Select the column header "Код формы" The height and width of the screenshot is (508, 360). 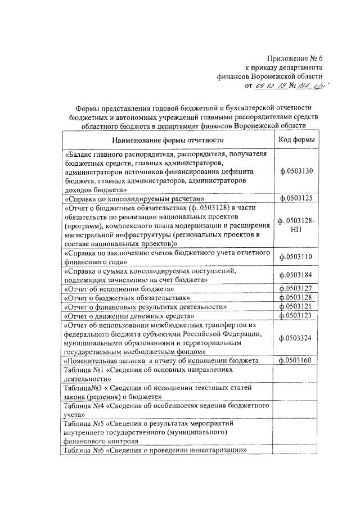[296, 140]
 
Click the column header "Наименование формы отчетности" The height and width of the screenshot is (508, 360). [168, 140]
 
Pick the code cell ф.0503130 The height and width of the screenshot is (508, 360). [296, 171]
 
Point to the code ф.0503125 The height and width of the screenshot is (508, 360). [296, 198]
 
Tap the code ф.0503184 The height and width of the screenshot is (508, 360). [296, 275]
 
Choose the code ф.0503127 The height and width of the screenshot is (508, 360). [296, 288]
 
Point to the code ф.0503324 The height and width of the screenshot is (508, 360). [296, 338]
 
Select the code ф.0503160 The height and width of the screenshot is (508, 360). [296, 360]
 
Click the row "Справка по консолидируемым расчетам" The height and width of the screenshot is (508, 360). [134, 198]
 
